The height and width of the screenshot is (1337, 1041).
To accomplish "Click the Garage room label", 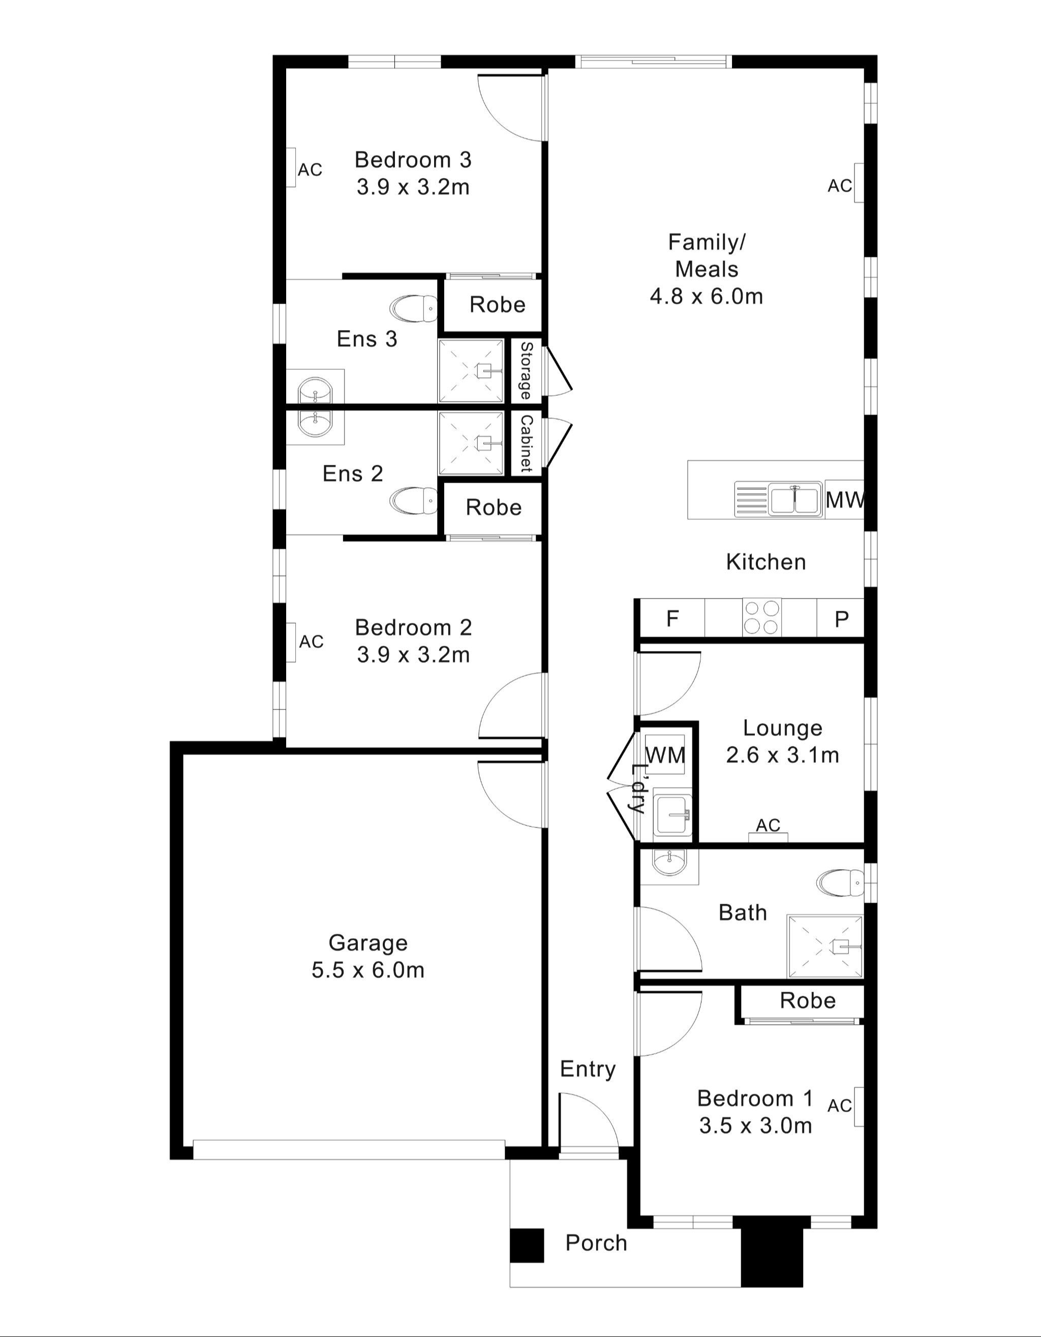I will tap(368, 943).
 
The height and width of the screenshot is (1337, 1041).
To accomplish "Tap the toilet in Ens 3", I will tap(414, 309).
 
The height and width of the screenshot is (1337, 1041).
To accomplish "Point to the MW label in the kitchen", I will tap(845, 500).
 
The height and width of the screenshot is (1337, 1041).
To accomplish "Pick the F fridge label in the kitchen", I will tap(672, 619).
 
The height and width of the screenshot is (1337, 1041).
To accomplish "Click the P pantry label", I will tap(841, 619).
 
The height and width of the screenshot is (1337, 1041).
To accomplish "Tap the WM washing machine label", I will tap(665, 755).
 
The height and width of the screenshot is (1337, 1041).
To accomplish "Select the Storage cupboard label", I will tap(526, 371).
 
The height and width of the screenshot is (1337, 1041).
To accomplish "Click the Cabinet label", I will tap(526, 444).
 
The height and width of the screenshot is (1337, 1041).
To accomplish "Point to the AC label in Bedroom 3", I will tap(310, 169).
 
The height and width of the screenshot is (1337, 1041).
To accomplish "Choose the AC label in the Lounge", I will tap(768, 825).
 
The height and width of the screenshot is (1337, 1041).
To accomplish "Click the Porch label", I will tap(596, 1243).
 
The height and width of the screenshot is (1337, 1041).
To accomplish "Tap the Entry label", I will tap(588, 1069).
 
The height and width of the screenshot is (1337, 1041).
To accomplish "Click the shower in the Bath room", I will tap(825, 946).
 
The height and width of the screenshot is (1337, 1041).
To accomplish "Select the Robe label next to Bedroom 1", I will tap(807, 1000).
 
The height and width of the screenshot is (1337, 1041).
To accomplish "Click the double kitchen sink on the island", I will tap(794, 499).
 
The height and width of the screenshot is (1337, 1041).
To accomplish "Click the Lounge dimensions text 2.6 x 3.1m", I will tap(782, 755).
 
